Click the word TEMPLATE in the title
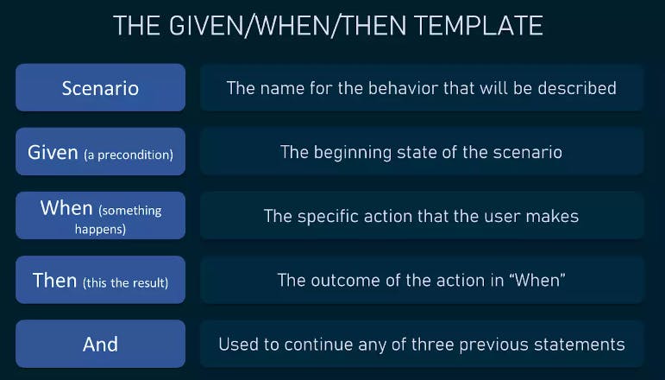coord(478,25)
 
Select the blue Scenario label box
coord(101,87)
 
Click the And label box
coord(101,344)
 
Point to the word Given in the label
coord(53,152)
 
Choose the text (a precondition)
coord(129,155)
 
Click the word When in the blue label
coord(66,207)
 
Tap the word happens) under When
coord(101,229)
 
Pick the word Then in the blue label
coord(54,280)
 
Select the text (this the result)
coord(126,282)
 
